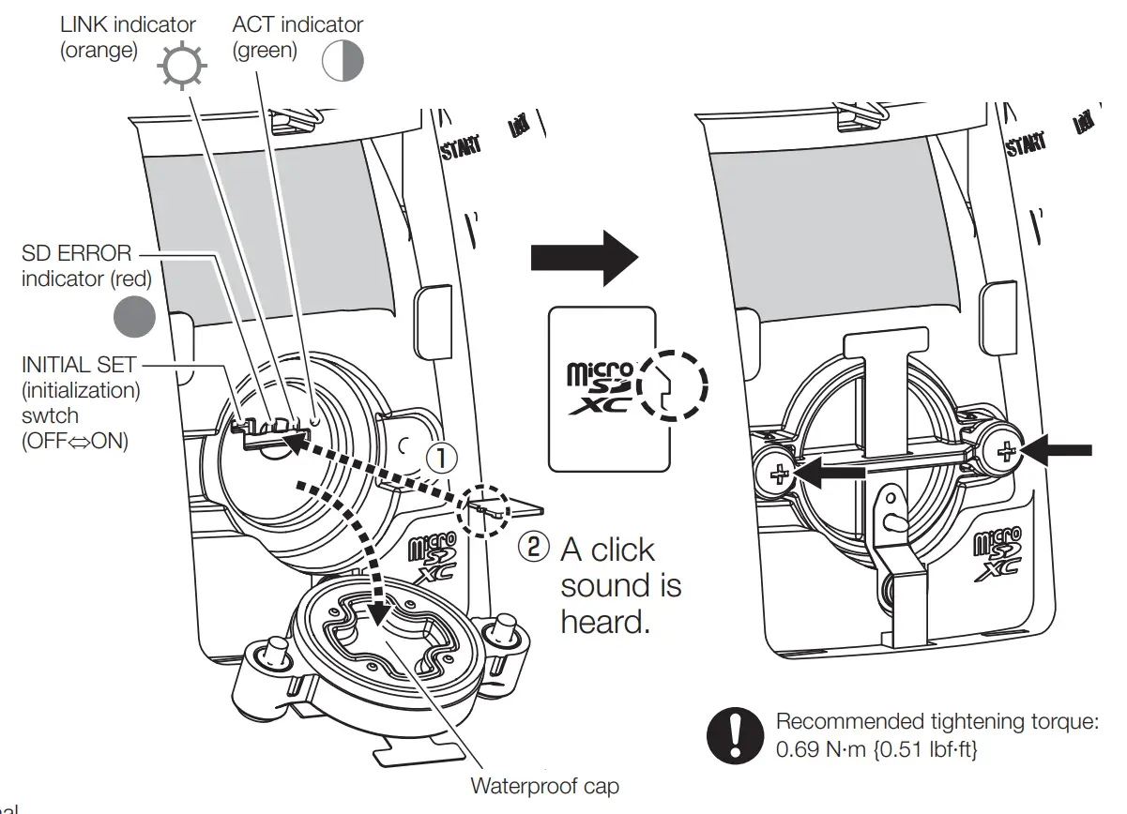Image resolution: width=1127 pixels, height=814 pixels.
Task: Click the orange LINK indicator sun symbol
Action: tap(179, 66)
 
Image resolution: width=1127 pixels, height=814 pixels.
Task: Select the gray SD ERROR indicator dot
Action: tap(133, 317)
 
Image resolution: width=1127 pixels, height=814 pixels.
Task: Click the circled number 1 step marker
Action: tap(442, 458)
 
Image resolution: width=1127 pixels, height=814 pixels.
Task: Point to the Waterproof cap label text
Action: tap(544, 786)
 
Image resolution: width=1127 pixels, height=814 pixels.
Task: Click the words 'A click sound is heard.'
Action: tap(619, 586)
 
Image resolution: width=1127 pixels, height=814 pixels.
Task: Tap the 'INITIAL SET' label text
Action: tap(79, 365)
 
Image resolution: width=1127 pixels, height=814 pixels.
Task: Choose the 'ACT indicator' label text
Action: tap(297, 24)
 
